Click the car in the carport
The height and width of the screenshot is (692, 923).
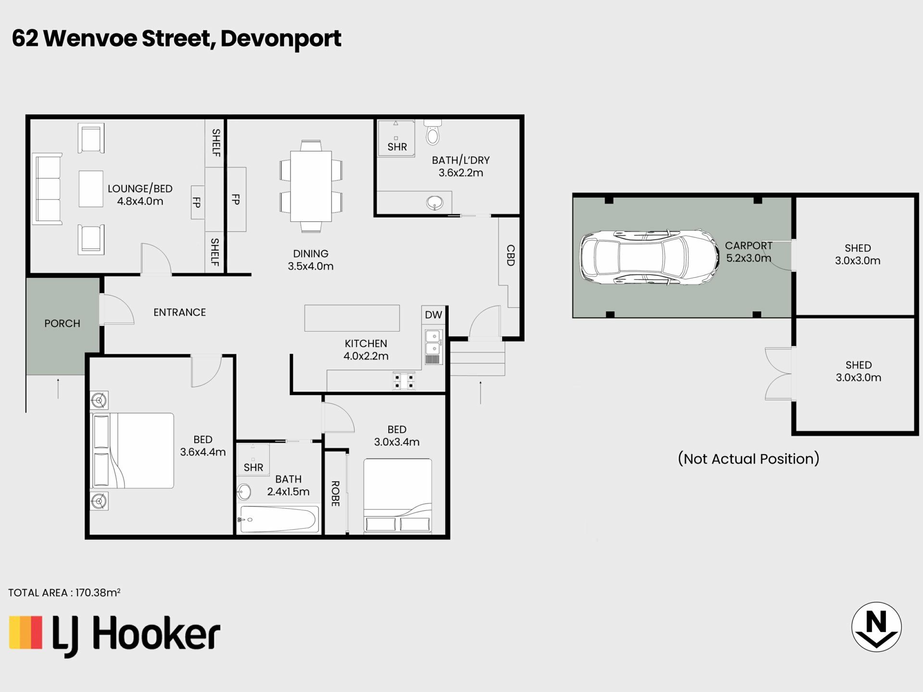tap(649, 257)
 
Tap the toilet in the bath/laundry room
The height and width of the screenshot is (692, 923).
tap(433, 132)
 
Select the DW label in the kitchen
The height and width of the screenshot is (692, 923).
tap(433, 315)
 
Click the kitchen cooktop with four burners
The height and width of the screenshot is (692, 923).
tap(404, 381)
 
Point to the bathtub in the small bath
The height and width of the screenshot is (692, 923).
tap(279, 519)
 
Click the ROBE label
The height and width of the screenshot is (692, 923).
tap(336, 494)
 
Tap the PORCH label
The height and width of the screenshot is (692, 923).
tap(62, 323)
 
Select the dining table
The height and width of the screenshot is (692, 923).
tap(311, 186)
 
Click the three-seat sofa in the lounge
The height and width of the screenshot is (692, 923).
tap(47, 189)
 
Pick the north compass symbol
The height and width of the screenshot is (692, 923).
tap(876, 627)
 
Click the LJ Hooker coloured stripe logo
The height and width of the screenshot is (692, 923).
tap(26, 632)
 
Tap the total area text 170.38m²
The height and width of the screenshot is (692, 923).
tap(98, 593)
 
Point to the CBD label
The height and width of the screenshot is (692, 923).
tap(511, 255)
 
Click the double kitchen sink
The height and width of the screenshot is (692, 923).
tap(433, 346)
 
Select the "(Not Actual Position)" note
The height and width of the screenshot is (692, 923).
tap(748, 458)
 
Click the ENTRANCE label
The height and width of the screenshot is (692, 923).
tap(179, 312)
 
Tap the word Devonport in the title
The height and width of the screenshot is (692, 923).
tap(281, 38)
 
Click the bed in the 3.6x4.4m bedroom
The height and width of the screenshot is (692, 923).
tap(133, 451)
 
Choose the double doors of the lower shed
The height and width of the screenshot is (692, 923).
tap(778, 374)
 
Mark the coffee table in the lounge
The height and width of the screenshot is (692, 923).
tap(91, 189)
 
